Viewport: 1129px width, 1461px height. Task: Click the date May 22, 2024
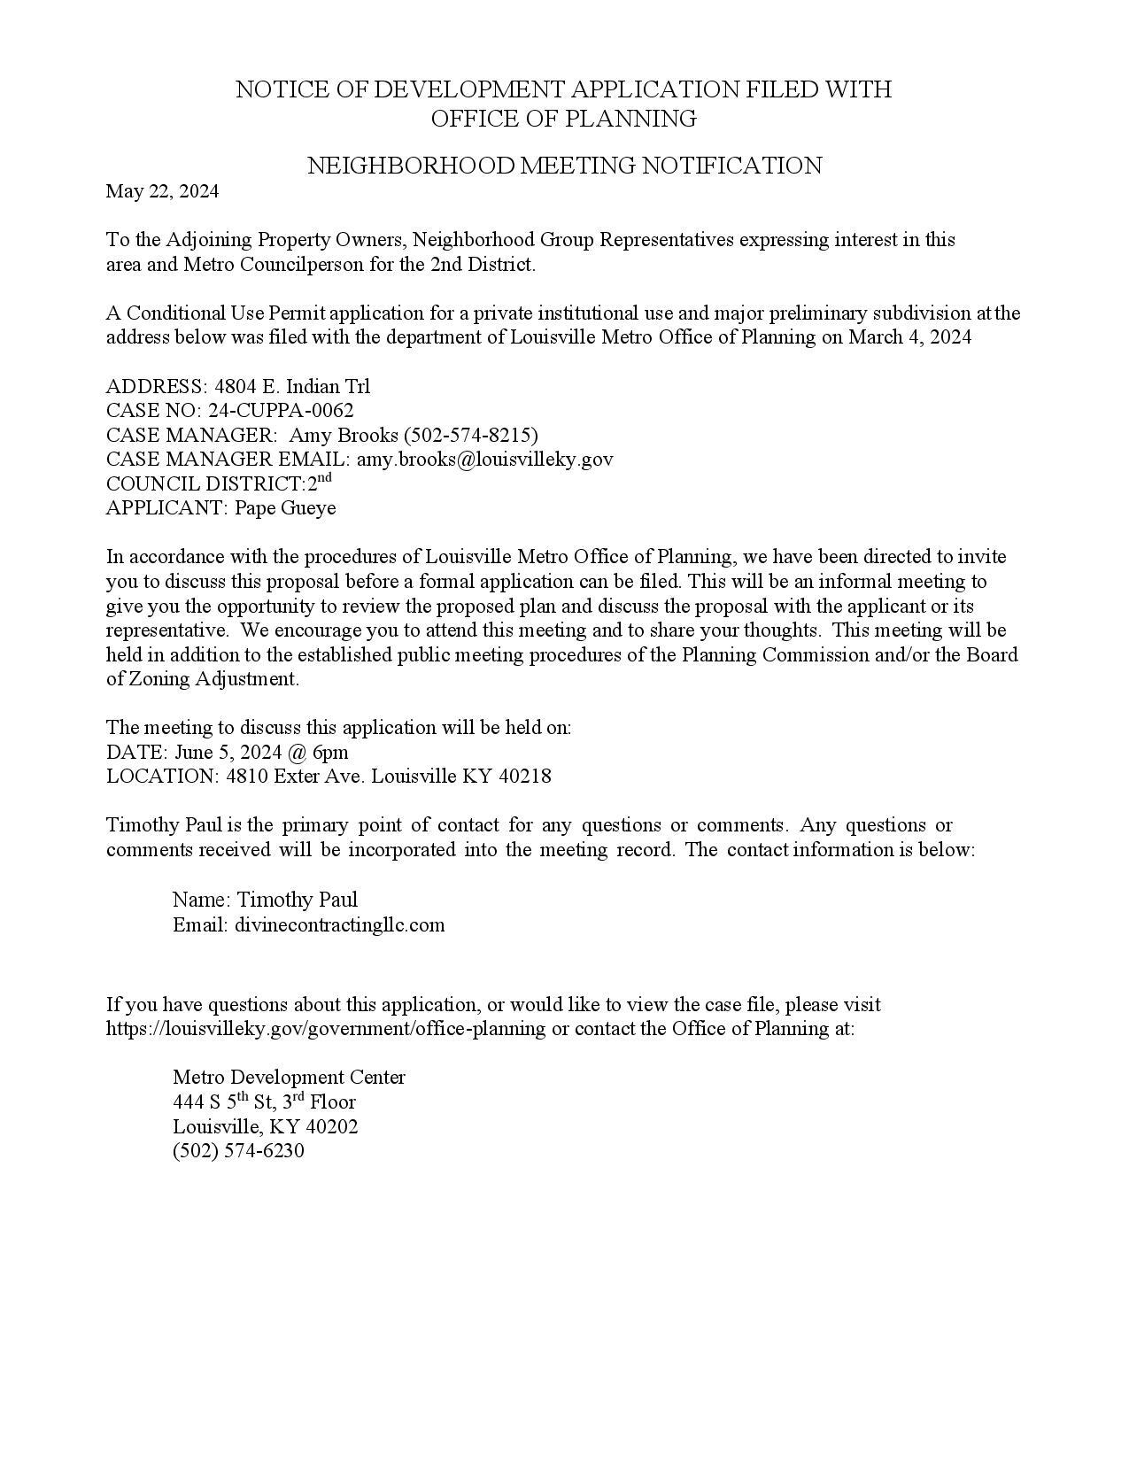coord(162,191)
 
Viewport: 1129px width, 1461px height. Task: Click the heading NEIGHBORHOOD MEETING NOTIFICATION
coord(564,166)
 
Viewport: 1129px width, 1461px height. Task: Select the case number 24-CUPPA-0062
coord(281,411)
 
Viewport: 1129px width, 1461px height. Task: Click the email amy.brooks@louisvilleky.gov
coord(484,460)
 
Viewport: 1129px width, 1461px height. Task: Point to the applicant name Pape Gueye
coord(285,508)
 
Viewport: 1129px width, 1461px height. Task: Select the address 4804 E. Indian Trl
coord(292,387)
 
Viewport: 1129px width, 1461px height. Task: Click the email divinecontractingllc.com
coord(340,925)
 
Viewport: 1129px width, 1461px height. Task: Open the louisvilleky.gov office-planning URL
coord(326,1029)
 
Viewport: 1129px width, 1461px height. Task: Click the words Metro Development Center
coord(289,1078)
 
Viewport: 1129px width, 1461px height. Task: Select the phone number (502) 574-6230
coord(238,1151)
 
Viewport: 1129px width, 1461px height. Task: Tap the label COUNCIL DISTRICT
coord(205,484)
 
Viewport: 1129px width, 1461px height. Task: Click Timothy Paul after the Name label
coord(298,901)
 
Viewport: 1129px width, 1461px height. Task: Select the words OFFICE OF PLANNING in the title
coord(564,119)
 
